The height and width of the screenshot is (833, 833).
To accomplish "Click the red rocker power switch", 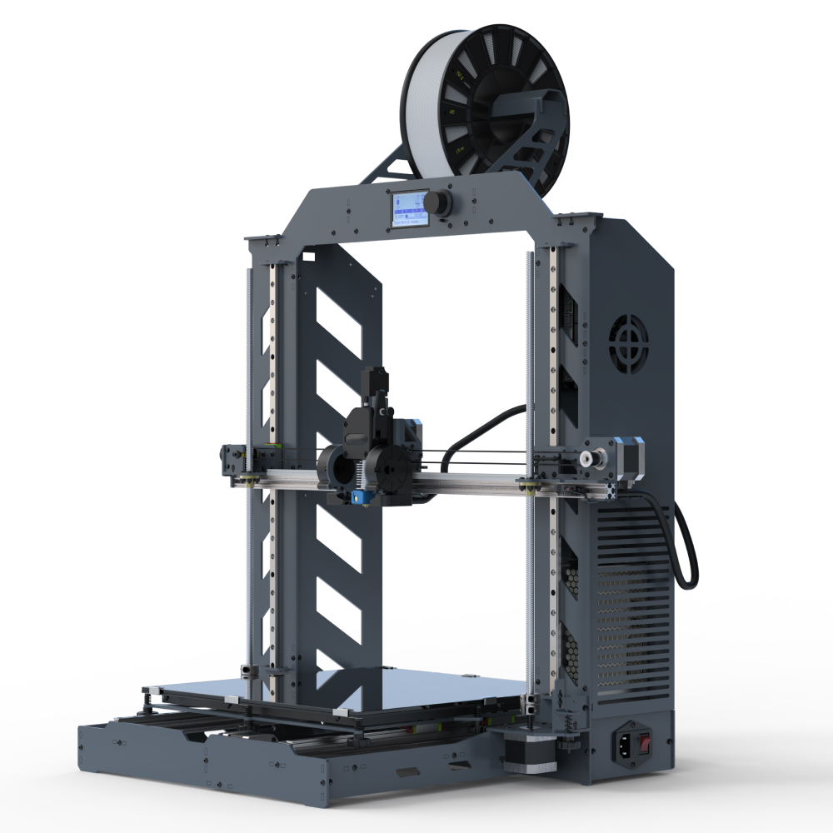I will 645,739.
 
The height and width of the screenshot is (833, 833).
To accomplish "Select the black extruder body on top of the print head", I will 367,421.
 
